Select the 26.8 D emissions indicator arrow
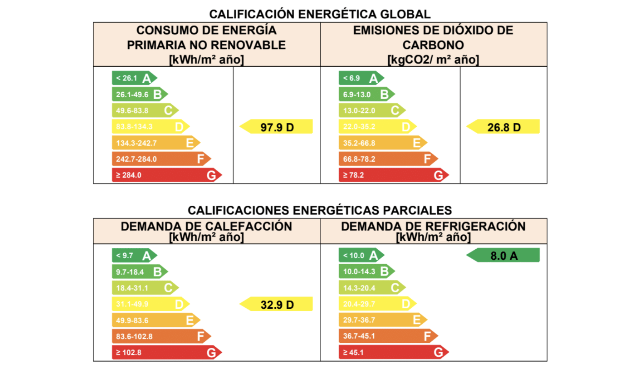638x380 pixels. (x=503, y=127)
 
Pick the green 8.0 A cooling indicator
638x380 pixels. (x=503, y=256)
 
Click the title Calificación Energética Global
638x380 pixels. (x=320, y=14)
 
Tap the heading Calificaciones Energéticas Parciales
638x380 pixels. (x=320, y=210)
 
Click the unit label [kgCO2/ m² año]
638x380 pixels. (x=433, y=60)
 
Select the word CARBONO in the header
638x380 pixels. (x=433, y=45)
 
